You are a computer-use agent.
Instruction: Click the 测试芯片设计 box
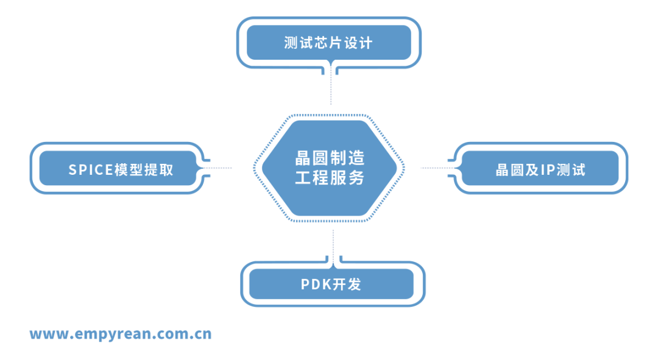coord(328,43)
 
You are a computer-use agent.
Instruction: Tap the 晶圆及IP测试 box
coord(540,169)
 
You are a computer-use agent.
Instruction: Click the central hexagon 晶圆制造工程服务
coord(329,168)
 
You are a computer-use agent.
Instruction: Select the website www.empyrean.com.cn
coord(121,334)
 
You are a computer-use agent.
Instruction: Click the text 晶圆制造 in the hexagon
coord(329,159)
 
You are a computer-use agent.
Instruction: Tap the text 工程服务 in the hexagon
coord(329,178)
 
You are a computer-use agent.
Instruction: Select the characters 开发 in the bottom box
coord(347,284)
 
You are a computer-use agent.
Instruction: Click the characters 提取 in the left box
coord(159,169)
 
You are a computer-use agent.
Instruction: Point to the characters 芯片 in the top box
coord(328,43)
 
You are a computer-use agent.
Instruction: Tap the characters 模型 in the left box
coord(129,169)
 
